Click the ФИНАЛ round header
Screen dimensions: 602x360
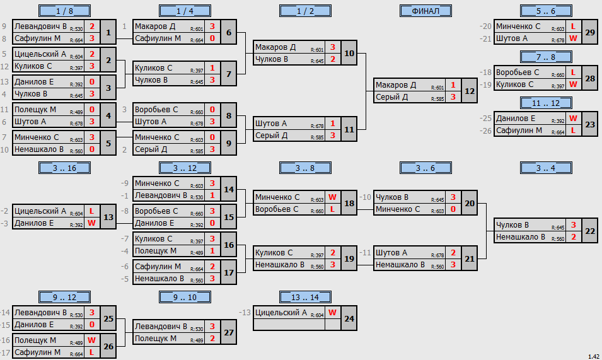coord(425,11)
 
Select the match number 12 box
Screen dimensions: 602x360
coord(470,91)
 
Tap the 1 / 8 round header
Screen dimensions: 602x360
coord(64,11)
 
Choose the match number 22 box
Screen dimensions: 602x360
coord(590,231)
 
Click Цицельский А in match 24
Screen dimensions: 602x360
coord(281,313)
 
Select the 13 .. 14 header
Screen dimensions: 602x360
coord(305,297)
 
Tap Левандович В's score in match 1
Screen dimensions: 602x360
coord(92,26)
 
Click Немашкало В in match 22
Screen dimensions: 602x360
coord(520,237)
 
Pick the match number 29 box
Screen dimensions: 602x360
coord(590,32)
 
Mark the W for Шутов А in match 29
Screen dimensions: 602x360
coord(573,38)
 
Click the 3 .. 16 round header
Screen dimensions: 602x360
coord(64,168)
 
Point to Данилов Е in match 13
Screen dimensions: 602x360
coord(34,223)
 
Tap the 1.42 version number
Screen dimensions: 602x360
coord(594,357)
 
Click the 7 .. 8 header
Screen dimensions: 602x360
coord(546,57)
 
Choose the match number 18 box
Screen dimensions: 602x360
coord(349,203)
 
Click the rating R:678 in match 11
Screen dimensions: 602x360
coord(317,126)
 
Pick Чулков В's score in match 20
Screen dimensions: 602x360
coord(453,197)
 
